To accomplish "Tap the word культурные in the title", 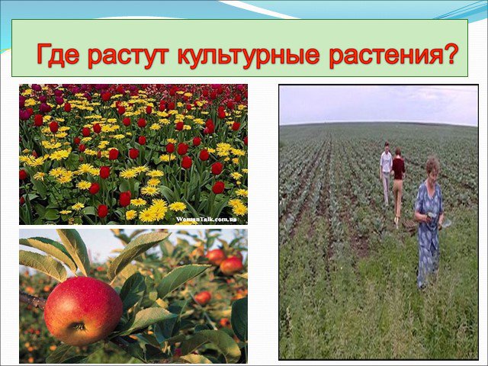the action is tap(249, 56).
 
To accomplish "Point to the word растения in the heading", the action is tap(381, 56).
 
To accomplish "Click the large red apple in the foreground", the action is tap(83, 311).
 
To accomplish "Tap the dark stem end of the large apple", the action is tap(79, 326).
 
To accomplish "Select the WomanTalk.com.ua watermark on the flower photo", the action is tap(206, 219).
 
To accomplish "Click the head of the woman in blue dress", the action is tap(432, 168).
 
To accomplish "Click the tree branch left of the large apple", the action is tap(32, 300).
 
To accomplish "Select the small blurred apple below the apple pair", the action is tap(203, 297).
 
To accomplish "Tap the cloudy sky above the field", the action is tap(378, 104).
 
